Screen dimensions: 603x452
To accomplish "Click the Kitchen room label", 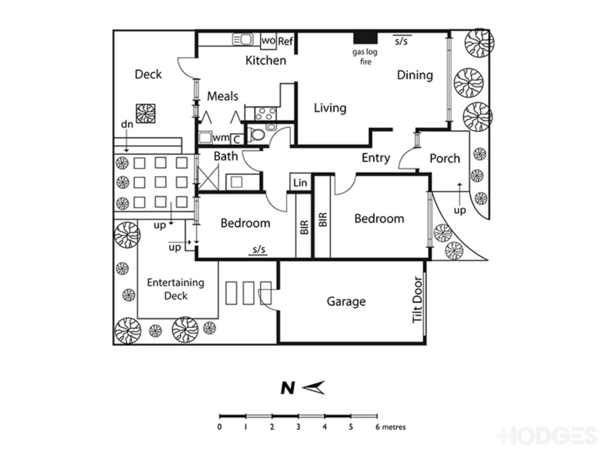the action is coord(265,61).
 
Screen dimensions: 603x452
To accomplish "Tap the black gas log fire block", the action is coord(366,38).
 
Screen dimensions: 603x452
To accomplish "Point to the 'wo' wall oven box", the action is coord(268,41).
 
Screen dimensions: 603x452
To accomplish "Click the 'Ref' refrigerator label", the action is coord(286,41).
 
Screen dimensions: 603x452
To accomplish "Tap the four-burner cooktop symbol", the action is coord(266,113).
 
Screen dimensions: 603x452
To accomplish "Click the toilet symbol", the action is coord(257,135).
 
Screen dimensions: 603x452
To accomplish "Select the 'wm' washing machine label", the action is coord(221,138).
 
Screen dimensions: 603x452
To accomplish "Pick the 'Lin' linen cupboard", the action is coord(300,183).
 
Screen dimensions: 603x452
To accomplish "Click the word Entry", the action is coord(376,158).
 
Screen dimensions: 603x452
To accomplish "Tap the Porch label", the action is coord(445,159).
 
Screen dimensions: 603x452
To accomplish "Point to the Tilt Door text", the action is coord(417,300).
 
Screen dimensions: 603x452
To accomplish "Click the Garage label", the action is coord(346,302).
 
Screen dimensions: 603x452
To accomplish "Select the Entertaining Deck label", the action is coord(176,289).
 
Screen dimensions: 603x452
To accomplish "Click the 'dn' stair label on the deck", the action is coord(127,124).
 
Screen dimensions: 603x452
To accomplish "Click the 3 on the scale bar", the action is coord(298,427).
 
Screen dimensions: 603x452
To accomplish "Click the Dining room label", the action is coord(415,75).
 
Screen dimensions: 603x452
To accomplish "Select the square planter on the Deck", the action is coord(146,113).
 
